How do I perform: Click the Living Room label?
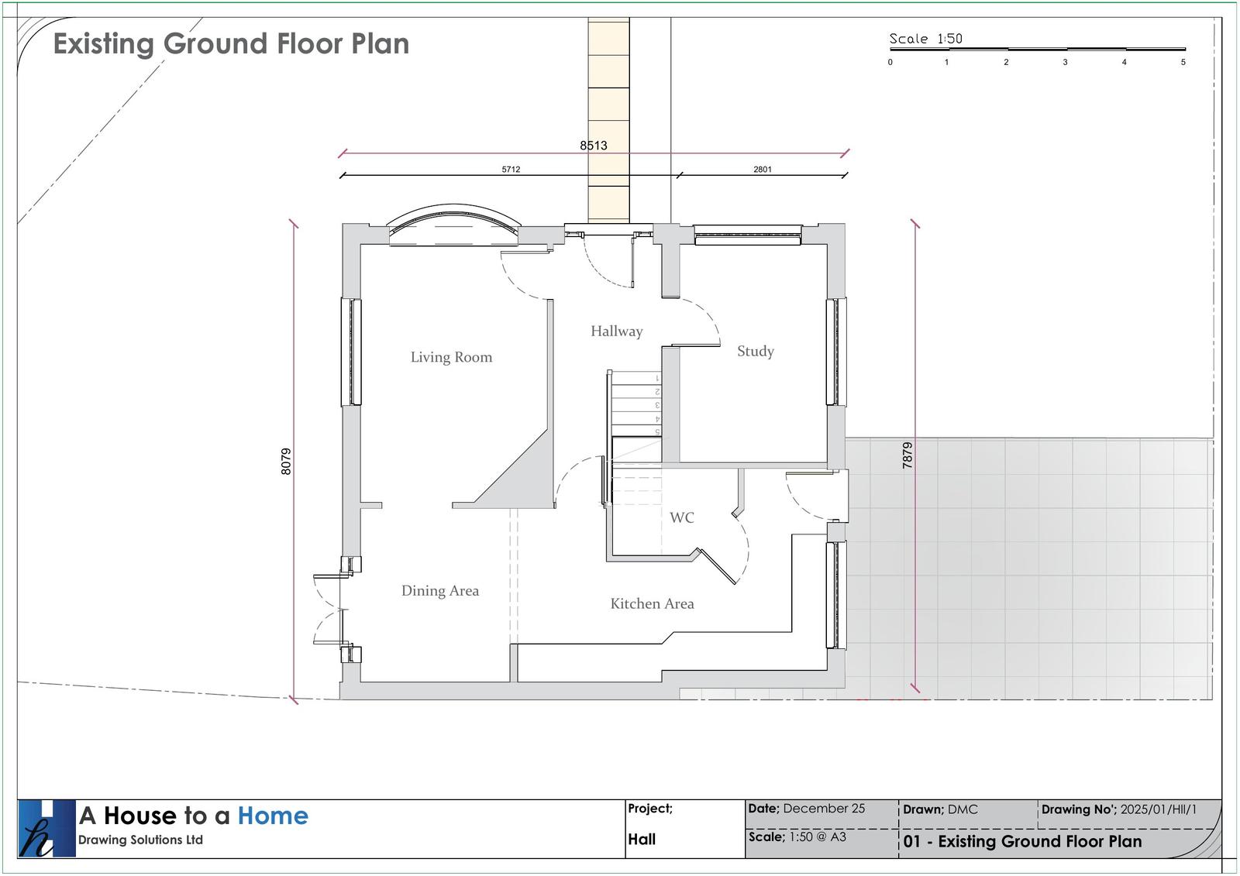tap(451, 357)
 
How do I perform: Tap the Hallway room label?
tap(617, 332)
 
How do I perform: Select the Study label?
tap(756, 352)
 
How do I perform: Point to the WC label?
tap(681, 517)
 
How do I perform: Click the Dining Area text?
tap(440, 591)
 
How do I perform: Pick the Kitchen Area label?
tap(652, 603)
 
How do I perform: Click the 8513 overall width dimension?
tap(594, 146)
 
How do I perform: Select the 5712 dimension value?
tap(511, 170)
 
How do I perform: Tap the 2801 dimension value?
tap(763, 170)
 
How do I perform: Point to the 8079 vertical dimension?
tap(286, 462)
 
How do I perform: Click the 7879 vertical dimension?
tap(907, 455)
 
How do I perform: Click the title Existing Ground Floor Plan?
tap(231, 43)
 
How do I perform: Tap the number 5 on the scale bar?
tap(1183, 63)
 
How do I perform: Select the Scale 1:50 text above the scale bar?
tap(925, 39)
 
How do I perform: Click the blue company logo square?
tap(46, 828)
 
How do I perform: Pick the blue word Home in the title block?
tap(273, 816)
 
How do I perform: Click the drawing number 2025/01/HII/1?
tap(1159, 809)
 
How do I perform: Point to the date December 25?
tap(824, 809)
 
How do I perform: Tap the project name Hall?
tap(642, 840)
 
